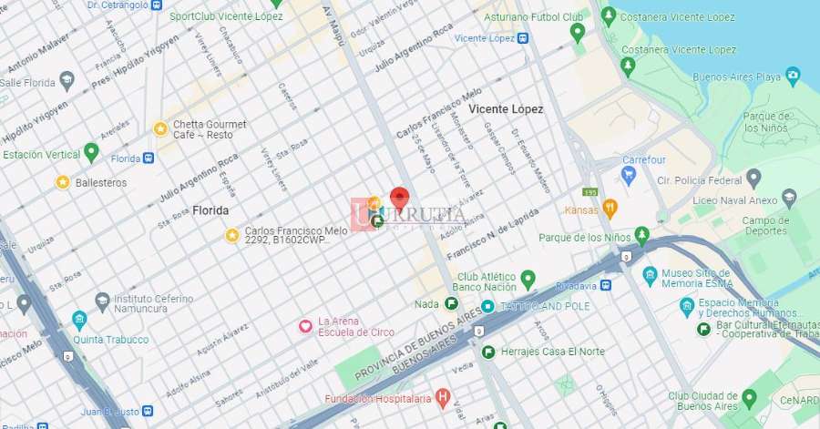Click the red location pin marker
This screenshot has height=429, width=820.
399,199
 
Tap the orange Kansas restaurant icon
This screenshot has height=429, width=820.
610,209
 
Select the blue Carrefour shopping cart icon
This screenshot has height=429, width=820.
628,174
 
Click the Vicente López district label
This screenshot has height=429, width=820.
506,109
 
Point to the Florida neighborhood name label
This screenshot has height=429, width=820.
210,210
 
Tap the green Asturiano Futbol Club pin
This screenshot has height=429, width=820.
577,33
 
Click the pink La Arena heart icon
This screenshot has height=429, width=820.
306,326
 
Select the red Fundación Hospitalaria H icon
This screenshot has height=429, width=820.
443,397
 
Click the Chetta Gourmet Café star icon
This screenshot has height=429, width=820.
160,129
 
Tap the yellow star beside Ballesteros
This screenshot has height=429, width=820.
63,182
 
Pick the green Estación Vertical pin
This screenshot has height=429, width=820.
90,151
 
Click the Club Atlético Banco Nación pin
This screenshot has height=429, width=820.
527,278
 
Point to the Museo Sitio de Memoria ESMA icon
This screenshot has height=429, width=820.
650,275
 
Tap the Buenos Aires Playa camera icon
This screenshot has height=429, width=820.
793,75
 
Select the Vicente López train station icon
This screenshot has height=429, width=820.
523,38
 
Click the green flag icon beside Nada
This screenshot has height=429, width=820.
452,304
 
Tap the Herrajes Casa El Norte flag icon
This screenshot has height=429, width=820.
488,352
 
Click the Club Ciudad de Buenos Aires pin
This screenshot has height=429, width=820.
749,397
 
